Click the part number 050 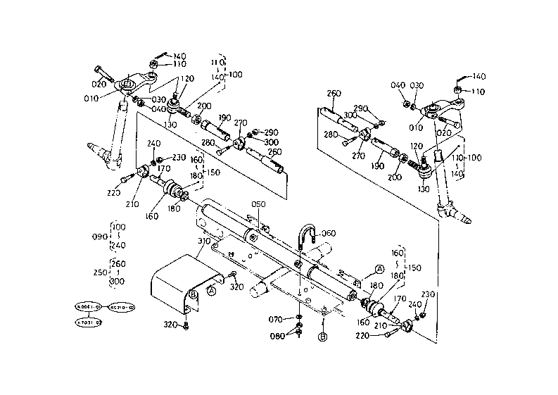click(x=260, y=204)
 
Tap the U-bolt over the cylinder click(x=308, y=238)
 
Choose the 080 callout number click(x=277, y=335)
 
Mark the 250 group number click(x=99, y=272)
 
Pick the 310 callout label click(x=204, y=242)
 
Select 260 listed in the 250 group click(x=118, y=263)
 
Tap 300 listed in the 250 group click(x=118, y=281)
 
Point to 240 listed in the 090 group click(x=118, y=245)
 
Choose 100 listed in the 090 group click(x=118, y=227)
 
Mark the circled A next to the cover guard click(x=211, y=289)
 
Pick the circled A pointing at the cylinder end click(x=379, y=269)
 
